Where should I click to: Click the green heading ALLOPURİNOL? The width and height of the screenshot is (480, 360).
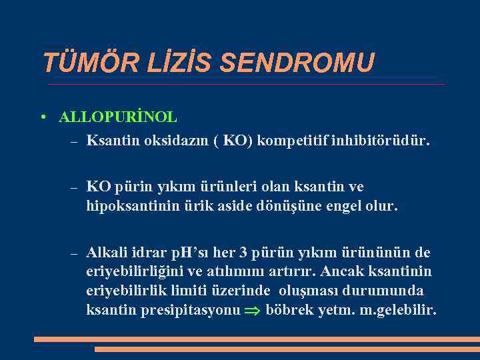click(x=118, y=117)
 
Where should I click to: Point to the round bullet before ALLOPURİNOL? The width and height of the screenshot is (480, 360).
click(x=42, y=118)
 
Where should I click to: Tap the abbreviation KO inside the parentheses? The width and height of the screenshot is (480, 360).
click(x=233, y=141)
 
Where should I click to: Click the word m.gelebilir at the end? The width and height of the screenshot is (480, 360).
click(x=399, y=311)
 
